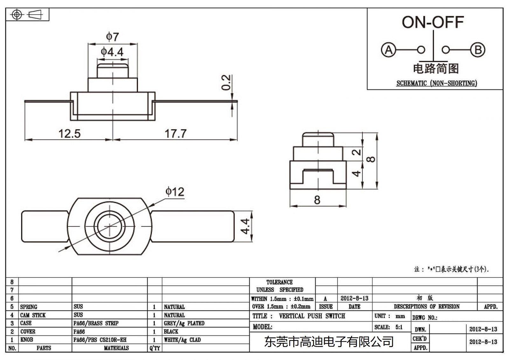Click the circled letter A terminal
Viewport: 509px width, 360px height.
pyautogui.click(x=388, y=50)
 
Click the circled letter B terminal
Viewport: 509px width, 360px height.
pyautogui.click(x=478, y=50)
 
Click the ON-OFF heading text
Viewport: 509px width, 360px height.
pyautogui.click(x=433, y=22)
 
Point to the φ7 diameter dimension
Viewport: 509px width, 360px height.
pyautogui.click(x=112, y=37)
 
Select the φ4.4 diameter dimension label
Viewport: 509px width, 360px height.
pyautogui.click(x=112, y=52)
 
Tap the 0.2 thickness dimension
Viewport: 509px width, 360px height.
pyautogui.click(x=226, y=82)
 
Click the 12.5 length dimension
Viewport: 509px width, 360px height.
pyautogui.click(x=69, y=133)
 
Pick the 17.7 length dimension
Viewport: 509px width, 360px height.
pyautogui.click(x=175, y=133)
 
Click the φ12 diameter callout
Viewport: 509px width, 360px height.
pyautogui.click(x=175, y=192)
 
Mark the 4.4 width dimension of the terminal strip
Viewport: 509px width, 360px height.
pyautogui.click(x=245, y=226)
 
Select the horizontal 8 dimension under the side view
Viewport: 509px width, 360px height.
pyautogui.click(x=317, y=200)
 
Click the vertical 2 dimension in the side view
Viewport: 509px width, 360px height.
pyautogui.click(x=357, y=152)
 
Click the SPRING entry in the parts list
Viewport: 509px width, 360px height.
pyautogui.click(x=29, y=307)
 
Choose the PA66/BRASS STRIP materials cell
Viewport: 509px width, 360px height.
pyautogui.click(x=96, y=323)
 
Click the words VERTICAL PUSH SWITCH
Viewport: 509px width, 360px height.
pyautogui.click(x=312, y=316)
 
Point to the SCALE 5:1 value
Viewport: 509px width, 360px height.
pyautogui.click(x=399, y=327)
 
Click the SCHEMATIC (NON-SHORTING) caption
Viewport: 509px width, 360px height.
pyautogui.click(x=436, y=83)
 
